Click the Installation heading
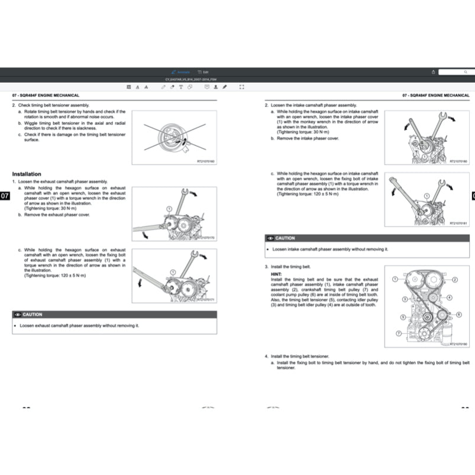tap(27, 174)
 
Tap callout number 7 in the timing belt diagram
tap(398, 334)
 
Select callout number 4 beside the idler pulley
tap(450, 297)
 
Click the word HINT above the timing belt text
tap(276, 274)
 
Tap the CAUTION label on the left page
tap(33, 315)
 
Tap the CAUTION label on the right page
tap(285, 238)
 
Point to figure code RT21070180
tap(458, 161)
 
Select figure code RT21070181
tap(458, 224)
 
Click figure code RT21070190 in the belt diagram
tap(458, 344)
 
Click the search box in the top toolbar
tap(457, 72)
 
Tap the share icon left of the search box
tap(434, 72)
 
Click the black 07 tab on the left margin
tap(5, 196)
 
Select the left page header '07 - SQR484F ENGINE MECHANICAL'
tap(46, 95)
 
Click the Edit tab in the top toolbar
tap(203, 72)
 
